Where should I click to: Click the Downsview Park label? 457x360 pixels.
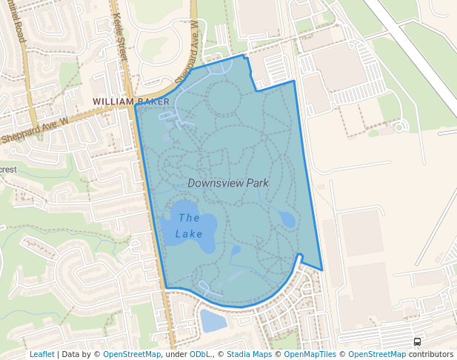click(227, 183)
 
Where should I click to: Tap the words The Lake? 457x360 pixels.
click(189, 226)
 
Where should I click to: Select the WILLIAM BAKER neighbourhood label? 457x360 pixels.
click(131, 101)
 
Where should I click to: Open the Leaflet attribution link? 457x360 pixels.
click(41, 354)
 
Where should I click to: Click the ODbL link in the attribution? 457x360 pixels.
click(200, 354)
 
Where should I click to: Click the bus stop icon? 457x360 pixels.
click(418, 342)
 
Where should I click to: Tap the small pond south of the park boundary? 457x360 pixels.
click(213, 321)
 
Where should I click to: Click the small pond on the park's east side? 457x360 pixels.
click(287, 219)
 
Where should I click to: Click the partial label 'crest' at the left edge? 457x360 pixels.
click(8, 169)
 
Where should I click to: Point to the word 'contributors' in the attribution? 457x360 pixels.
click(431, 354)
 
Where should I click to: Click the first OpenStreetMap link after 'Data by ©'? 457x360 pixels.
click(132, 354)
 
